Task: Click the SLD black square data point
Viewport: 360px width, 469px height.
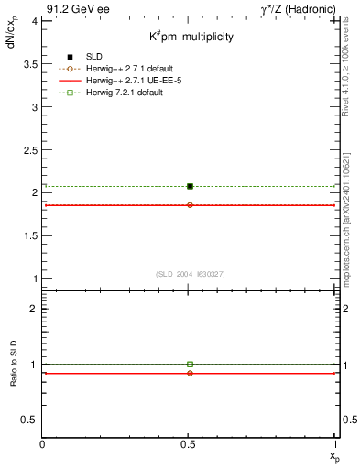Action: [x=190, y=186]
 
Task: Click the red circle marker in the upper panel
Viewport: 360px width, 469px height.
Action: [x=190, y=205]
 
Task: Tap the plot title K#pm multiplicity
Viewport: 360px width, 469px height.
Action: [x=191, y=37]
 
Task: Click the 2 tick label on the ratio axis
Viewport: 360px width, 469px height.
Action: [x=35, y=310]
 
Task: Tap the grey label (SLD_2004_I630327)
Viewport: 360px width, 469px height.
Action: [x=191, y=274]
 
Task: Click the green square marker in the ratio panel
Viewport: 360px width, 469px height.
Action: [x=190, y=365]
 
